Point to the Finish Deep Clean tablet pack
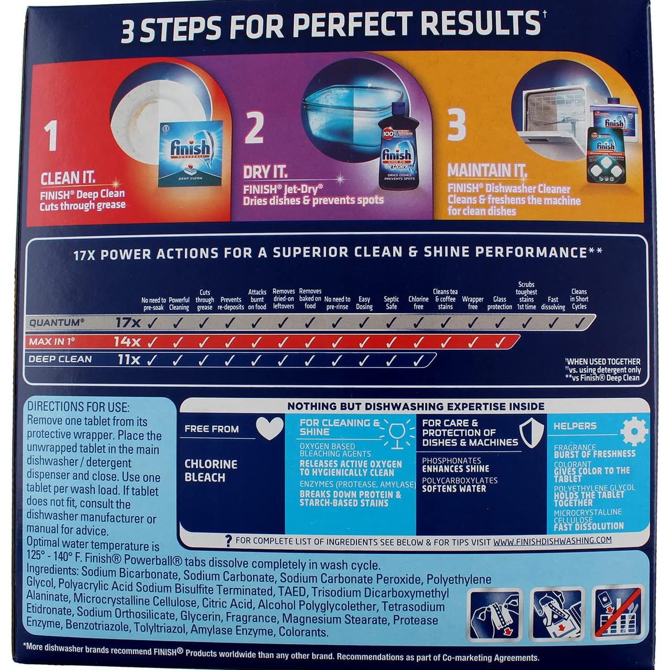190,153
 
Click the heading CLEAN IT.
68,178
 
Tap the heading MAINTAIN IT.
487,170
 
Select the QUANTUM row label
57,322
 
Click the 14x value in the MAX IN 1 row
127,342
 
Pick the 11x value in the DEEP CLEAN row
128,360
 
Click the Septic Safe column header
391,303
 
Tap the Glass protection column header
500,303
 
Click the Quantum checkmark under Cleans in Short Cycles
579,323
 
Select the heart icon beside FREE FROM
270,428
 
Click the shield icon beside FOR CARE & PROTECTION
531,432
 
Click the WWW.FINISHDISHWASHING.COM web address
552,540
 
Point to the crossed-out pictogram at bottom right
618,613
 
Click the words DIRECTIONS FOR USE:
78,407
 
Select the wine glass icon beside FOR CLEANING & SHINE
397,434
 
